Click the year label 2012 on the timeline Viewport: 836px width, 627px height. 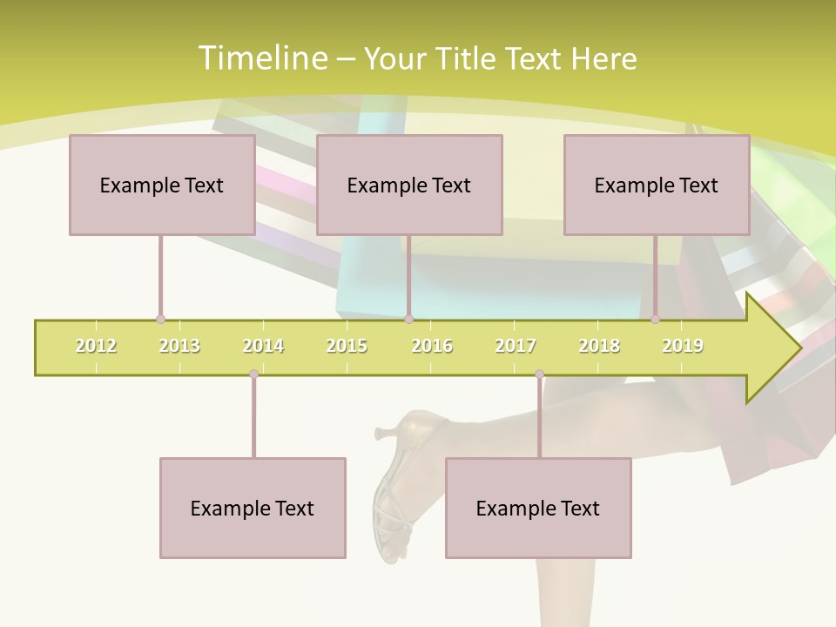pyautogui.click(x=96, y=346)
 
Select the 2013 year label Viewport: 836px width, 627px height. pyautogui.click(x=179, y=346)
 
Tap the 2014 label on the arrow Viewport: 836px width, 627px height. pyautogui.click(x=263, y=346)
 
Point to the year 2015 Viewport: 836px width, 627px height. pyautogui.click(x=347, y=346)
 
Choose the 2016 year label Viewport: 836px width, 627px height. pyautogui.click(x=432, y=346)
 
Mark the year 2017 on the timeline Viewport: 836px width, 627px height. pyautogui.click(x=516, y=346)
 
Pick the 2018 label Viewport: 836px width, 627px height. pyautogui.click(x=599, y=346)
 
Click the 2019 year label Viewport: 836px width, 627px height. pyautogui.click(x=683, y=346)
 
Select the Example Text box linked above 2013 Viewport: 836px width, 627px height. pyautogui.click(x=162, y=185)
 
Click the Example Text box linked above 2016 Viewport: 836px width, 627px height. pyautogui.click(x=409, y=185)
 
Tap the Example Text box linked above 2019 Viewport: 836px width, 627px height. pyautogui.click(x=657, y=185)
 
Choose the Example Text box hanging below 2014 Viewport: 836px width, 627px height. pyautogui.click(x=253, y=508)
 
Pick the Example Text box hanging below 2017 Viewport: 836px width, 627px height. pyautogui.click(x=538, y=508)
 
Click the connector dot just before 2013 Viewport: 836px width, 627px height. pyautogui.click(x=160, y=320)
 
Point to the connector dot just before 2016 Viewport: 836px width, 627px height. pyautogui.click(x=408, y=320)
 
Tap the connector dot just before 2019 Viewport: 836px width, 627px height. pyautogui.click(x=656, y=320)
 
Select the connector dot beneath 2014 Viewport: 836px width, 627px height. pyautogui.click(x=253, y=374)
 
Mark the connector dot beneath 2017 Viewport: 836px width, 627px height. pyautogui.click(x=539, y=374)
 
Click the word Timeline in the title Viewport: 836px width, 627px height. pyautogui.click(x=260, y=58)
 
